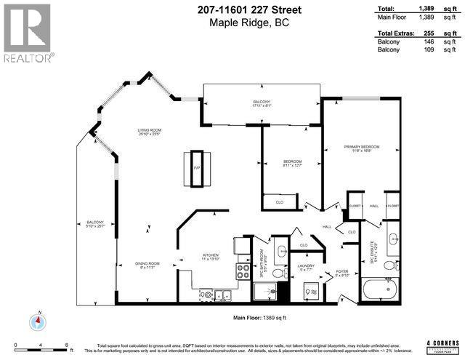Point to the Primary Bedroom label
[362, 149]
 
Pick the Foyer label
[341, 273]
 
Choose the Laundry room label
[307, 268]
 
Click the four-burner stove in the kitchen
[241, 273]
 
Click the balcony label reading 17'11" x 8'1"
[262, 103]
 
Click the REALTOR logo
[28, 32]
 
